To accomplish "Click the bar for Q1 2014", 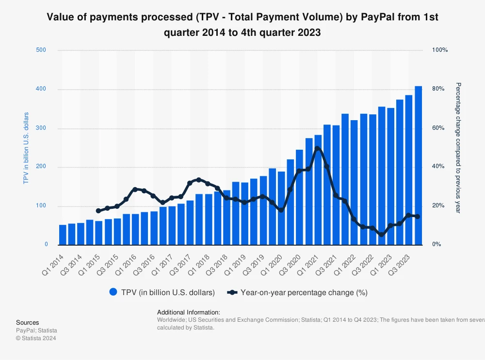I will pyautogui.click(x=63, y=235).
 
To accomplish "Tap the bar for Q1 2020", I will pyautogui.click(x=281, y=208).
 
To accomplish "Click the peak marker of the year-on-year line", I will pyautogui.click(x=317, y=149).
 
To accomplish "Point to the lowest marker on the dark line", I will pyautogui.click(x=382, y=235).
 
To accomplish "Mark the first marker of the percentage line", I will pyautogui.click(x=98, y=211).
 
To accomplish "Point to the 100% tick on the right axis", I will pyautogui.click(x=440, y=50).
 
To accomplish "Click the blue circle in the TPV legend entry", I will pyautogui.click(x=113, y=292).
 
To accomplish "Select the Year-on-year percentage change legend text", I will pyautogui.click(x=304, y=293).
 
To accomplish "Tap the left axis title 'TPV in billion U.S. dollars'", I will pyautogui.click(x=26, y=148).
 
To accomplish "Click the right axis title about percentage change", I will pyautogui.click(x=457, y=148).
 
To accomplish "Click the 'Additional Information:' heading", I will pyautogui.click(x=189, y=313).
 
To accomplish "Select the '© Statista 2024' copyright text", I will pyautogui.click(x=36, y=338).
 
